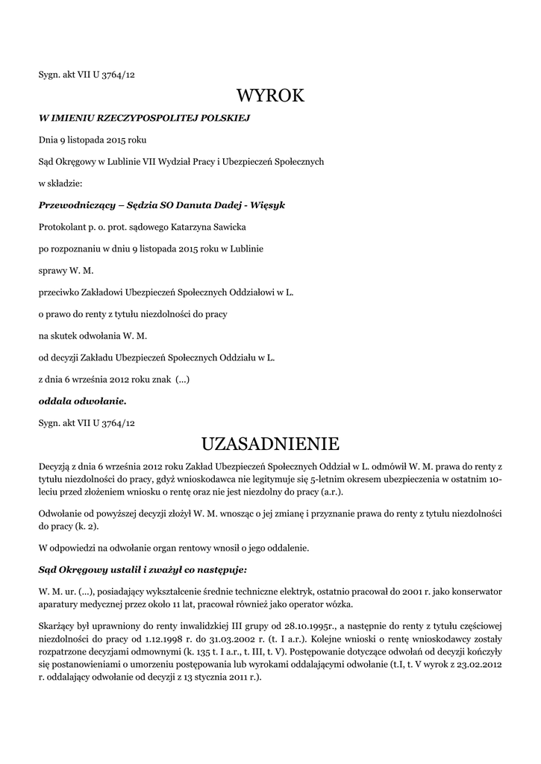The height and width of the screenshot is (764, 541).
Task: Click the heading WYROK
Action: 270,95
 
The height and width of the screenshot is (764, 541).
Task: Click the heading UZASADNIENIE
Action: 270,444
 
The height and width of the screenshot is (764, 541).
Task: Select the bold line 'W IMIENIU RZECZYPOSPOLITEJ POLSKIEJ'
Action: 144,118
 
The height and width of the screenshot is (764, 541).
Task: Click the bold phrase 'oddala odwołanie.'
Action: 82,401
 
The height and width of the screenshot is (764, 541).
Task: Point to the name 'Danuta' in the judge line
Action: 204,204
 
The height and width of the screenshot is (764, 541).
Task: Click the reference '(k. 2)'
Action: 87,527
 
